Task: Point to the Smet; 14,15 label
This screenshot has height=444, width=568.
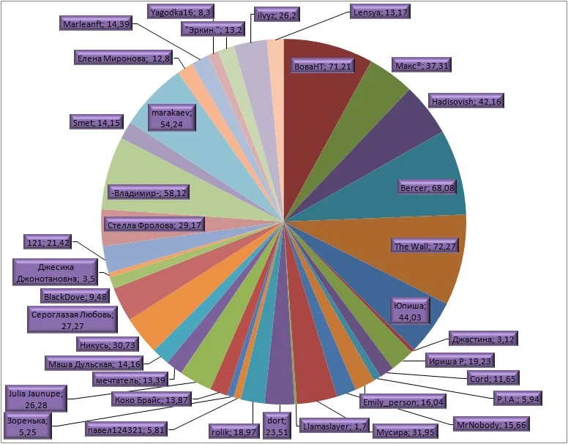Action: coord(96,123)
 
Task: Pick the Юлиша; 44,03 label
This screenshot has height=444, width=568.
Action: coord(410,310)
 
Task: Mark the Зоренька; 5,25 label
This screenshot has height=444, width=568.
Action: coord(28,426)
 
